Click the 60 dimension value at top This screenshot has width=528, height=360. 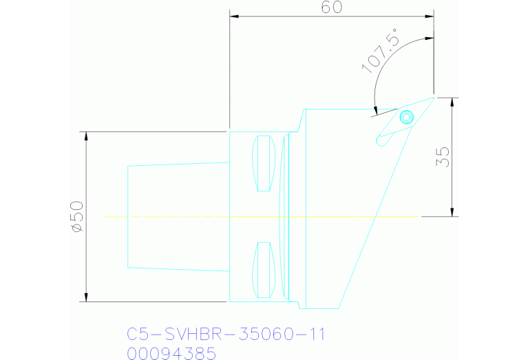(331, 8)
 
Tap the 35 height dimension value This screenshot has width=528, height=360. (443, 157)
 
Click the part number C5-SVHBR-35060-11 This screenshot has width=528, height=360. (226, 335)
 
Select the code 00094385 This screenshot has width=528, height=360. (171, 353)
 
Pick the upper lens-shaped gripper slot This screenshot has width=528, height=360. (264, 164)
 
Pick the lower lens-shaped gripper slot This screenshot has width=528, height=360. (264, 270)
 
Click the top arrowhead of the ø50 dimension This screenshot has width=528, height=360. (87, 136)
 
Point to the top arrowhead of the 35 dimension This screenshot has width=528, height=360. (452, 101)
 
